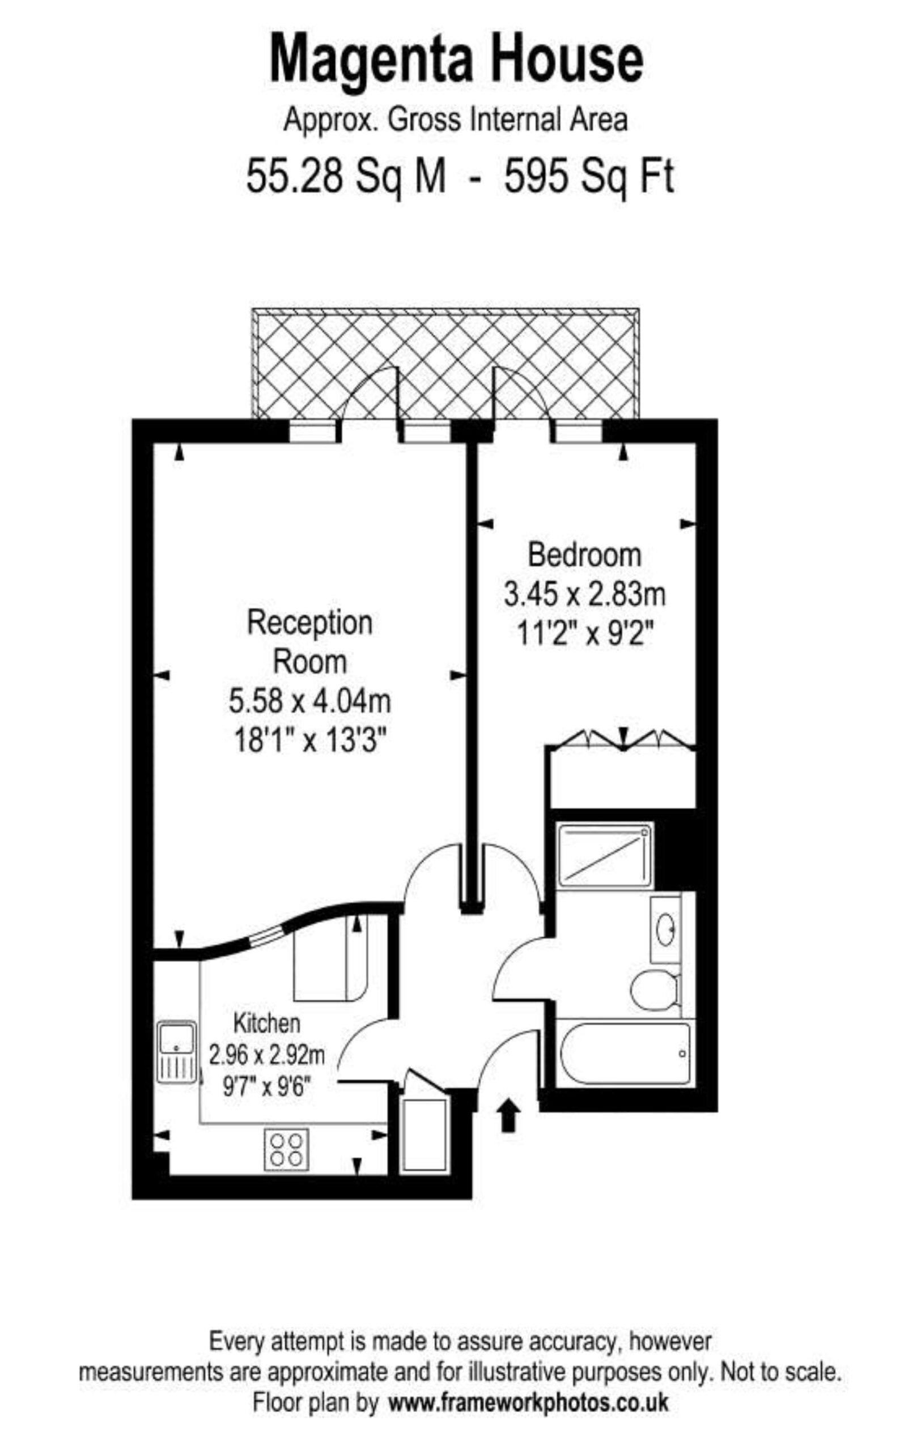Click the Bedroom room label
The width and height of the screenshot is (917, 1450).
584,555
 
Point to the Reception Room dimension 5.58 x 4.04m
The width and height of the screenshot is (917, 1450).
309,702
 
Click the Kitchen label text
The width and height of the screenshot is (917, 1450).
266,1023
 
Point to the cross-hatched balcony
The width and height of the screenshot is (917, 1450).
445,363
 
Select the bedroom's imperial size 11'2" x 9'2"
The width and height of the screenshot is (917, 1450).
584,633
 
